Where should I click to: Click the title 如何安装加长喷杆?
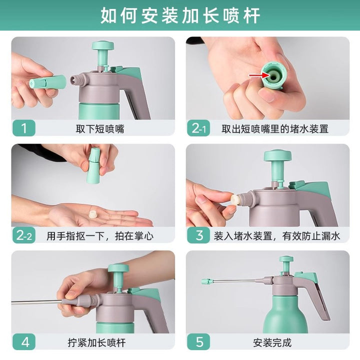(180, 15)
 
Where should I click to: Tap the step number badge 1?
(24, 128)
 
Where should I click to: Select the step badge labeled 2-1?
(198, 128)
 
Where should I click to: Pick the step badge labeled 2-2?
(24, 235)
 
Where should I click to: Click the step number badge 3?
(198, 235)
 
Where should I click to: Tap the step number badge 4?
(24, 342)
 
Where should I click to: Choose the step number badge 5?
(198, 342)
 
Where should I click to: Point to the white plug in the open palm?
(93, 214)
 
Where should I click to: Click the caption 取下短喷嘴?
(100, 129)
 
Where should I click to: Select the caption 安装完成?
(272, 343)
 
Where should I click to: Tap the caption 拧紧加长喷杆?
(96, 343)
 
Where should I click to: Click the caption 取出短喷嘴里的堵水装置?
(275, 129)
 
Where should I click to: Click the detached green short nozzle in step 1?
(48, 82)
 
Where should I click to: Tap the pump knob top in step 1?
(103, 45)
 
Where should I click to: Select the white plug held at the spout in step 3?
(235, 199)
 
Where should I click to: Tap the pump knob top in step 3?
(277, 155)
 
